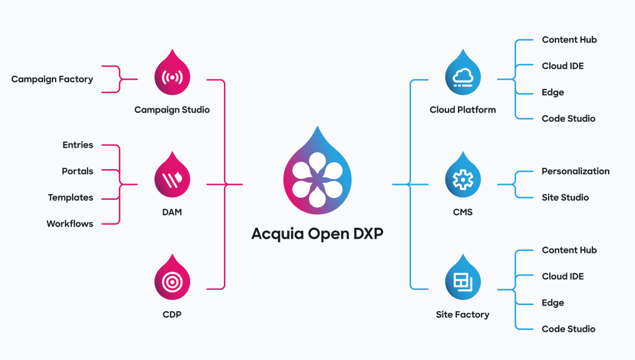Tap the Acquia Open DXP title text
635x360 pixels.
pyautogui.click(x=317, y=234)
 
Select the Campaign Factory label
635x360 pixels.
pyautogui.click(x=52, y=80)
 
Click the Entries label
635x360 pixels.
pyautogui.click(x=78, y=145)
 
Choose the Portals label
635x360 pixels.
pyautogui.click(x=78, y=171)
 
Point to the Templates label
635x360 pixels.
pyautogui.click(x=71, y=197)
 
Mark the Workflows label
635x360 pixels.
pyautogui.click(x=70, y=224)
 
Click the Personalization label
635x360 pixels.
pyautogui.click(x=576, y=171)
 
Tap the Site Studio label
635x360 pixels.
pyautogui.click(x=565, y=197)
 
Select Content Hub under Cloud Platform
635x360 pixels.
pyautogui.click(x=569, y=39)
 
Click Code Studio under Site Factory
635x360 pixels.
pyautogui.click(x=568, y=329)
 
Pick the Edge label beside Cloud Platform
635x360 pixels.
pyautogui.click(x=553, y=92)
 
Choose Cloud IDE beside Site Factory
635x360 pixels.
pyautogui.click(x=563, y=276)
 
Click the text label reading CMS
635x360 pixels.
pyautogui.click(x=463, y=212)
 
